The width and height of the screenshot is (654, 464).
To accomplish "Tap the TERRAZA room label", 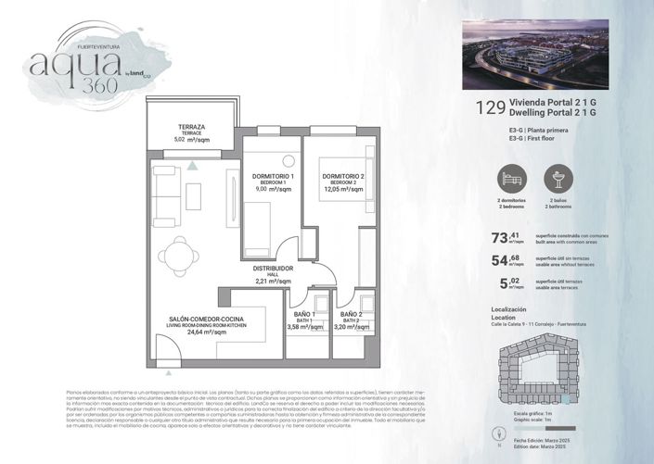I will [193, 127].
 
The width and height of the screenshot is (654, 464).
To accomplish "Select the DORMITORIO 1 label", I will [273, 177].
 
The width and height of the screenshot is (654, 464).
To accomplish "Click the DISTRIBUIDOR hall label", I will [274, 269].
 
